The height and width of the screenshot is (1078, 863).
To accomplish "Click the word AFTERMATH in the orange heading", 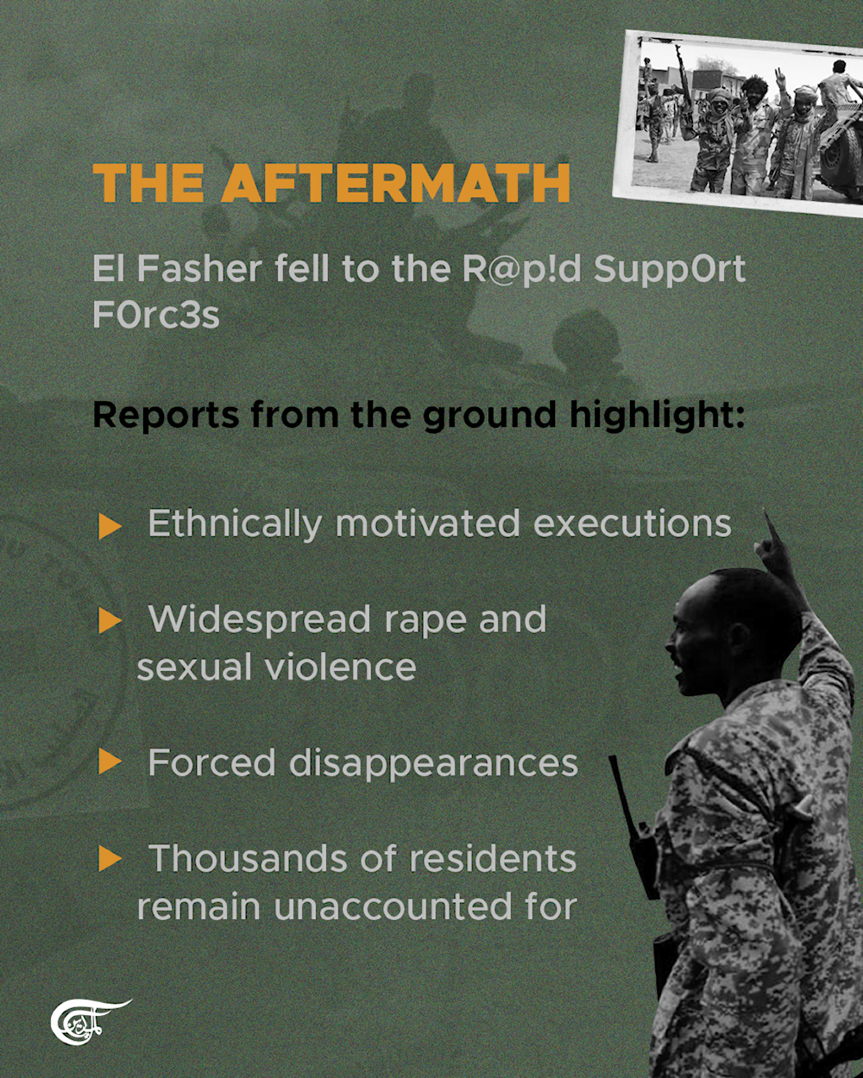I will click(x=395, y=183).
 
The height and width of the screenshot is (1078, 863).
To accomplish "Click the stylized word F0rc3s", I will click(x=156, y=315).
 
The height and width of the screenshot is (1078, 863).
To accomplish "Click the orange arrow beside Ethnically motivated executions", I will click(x=110, y=525).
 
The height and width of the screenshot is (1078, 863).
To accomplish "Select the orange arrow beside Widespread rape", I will click(x=110, y=620).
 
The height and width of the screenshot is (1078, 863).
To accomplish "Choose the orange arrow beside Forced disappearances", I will click(x=110, y=762).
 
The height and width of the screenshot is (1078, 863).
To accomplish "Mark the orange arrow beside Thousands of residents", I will click(x=110, y=859).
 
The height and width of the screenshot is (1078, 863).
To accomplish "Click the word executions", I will click(x=632, y=523).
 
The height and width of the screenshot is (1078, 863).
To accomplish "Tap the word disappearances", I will click(x=432, y=764).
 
